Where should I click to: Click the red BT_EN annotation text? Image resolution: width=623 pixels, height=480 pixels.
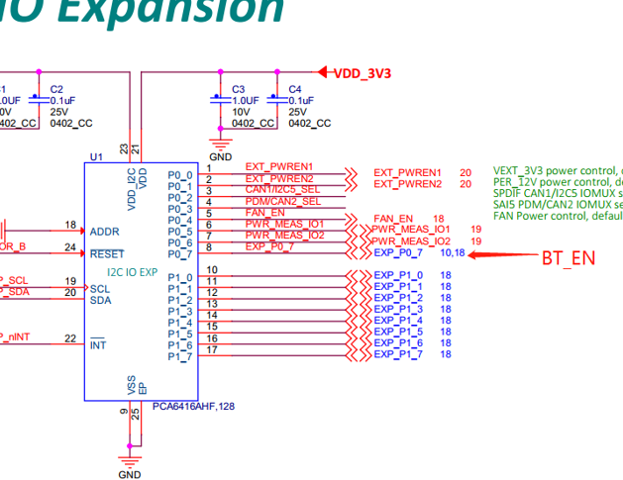coord(569,258)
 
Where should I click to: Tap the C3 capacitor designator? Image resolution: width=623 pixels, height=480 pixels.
coord(239,89)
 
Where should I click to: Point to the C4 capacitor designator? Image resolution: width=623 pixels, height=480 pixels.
coord(294,89)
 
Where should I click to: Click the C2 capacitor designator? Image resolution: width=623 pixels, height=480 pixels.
coord(56,89)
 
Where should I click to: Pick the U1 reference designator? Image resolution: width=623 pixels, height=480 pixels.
coord(96,157)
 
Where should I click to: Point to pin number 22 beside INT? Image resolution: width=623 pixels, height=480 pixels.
coord(70,338)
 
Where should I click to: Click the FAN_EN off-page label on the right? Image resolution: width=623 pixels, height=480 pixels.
coord(393,218)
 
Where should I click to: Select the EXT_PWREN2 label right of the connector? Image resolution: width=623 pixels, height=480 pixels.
coord(407,184)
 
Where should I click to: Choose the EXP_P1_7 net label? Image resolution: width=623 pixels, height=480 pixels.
coord(398,354)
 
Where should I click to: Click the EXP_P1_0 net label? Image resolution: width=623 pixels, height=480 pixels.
coord(398,275)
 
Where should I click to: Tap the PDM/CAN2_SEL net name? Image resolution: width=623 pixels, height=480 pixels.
coord(283,202)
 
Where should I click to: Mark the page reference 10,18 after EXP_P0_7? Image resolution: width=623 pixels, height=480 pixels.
coord(452,253)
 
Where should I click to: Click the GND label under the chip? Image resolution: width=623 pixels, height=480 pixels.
coord(130,474)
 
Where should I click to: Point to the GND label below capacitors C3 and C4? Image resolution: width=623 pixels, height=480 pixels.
coord(221,156)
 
